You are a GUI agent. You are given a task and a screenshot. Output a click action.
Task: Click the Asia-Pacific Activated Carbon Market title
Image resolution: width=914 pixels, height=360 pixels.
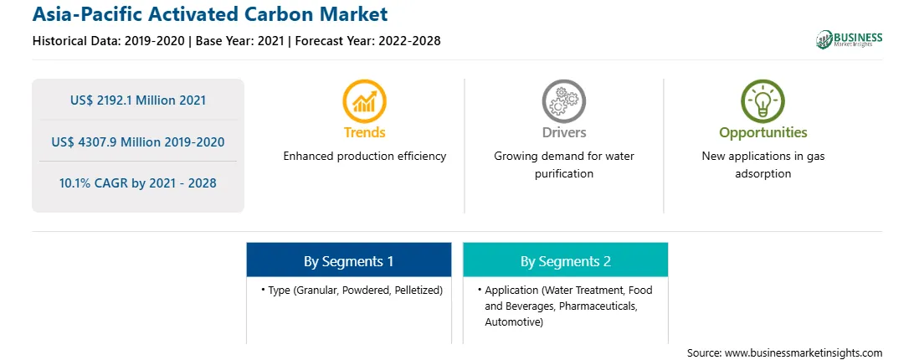(209, 13)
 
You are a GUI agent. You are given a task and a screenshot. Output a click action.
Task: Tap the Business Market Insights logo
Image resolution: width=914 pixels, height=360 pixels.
(849, 39)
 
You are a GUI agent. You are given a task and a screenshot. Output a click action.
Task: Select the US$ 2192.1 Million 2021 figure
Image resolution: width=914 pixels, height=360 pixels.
(138, 100)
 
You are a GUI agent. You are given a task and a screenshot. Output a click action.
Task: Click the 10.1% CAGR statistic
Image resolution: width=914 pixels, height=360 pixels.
(138, 183)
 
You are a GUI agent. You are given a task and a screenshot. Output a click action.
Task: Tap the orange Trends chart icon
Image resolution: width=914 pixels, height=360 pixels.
(364, 100)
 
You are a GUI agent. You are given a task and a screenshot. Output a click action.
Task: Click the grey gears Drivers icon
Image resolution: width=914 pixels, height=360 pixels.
(563, 100)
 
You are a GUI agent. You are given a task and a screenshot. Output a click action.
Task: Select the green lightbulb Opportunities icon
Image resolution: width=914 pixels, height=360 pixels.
(763, 100)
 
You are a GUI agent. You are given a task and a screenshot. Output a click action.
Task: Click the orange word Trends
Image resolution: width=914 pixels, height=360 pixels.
(364, 132)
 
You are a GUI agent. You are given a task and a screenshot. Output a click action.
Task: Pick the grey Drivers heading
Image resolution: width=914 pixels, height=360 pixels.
(563, 132)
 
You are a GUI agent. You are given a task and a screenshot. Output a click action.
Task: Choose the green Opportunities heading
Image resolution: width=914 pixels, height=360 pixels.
(763, 133)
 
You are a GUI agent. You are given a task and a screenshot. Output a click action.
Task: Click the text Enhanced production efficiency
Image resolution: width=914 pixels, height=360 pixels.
(364, 156)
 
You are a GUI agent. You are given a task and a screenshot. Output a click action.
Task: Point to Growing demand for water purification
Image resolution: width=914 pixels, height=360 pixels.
(563, 165)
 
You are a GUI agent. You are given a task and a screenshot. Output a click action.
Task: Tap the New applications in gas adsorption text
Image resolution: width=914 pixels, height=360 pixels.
(763, 165)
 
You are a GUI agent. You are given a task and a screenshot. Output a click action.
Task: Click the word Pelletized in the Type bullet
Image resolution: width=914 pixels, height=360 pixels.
(418, 290)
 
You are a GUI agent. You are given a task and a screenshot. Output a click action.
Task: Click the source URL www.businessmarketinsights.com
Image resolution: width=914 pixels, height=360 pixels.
(804, 353)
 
